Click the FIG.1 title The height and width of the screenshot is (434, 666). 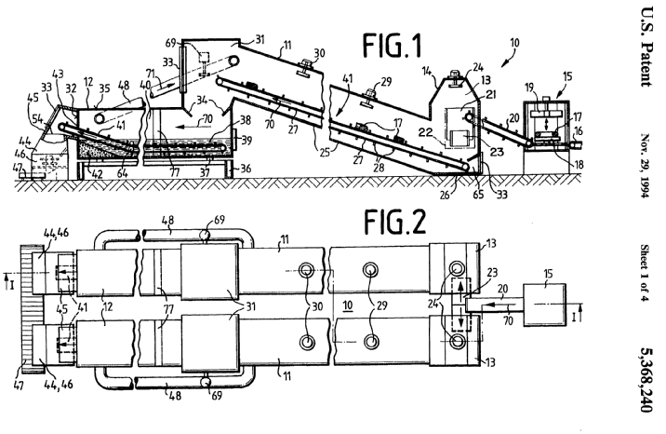[x=392, y=47]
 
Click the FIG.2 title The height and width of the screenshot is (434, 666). [x=395, y=223]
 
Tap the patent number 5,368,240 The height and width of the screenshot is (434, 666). [x=646, y=380]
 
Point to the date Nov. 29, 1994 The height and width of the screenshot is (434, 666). [x=646, y=166]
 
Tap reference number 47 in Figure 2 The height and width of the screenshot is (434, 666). [x=20, y=386]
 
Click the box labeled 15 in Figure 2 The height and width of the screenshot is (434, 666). [x=544, y=305]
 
